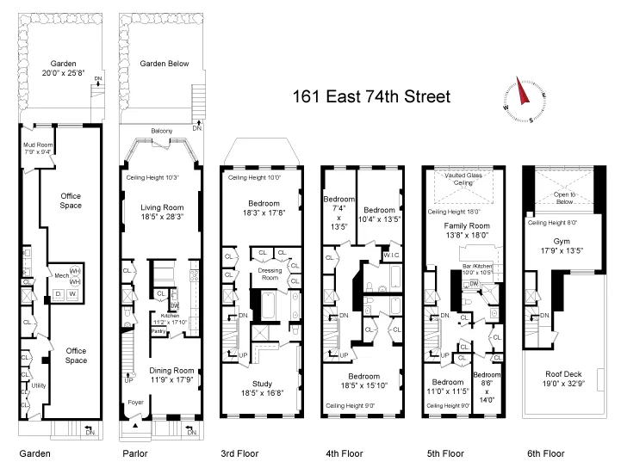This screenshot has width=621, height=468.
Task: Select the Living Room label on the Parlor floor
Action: tap(163, 206)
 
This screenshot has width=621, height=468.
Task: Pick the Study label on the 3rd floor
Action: tap(263, 385)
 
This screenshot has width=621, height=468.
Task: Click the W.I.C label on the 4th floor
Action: tap(390, 255)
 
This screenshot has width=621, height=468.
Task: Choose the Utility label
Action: tap(39, 385)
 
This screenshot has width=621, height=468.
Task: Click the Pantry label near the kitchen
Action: tap(158, 330)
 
